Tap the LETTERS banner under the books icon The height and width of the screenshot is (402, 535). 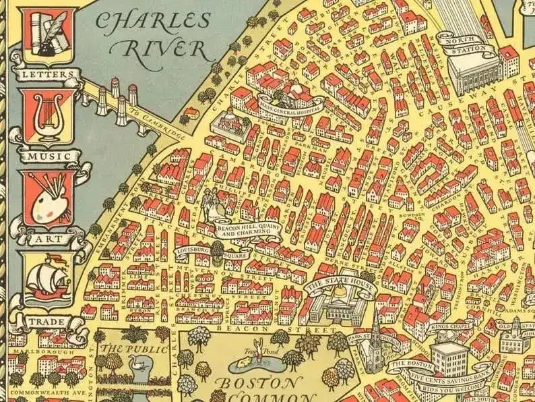[45, 72]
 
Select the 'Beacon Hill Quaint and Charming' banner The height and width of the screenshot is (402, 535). [247, 231]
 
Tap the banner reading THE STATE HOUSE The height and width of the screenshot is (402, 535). [331, 285]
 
